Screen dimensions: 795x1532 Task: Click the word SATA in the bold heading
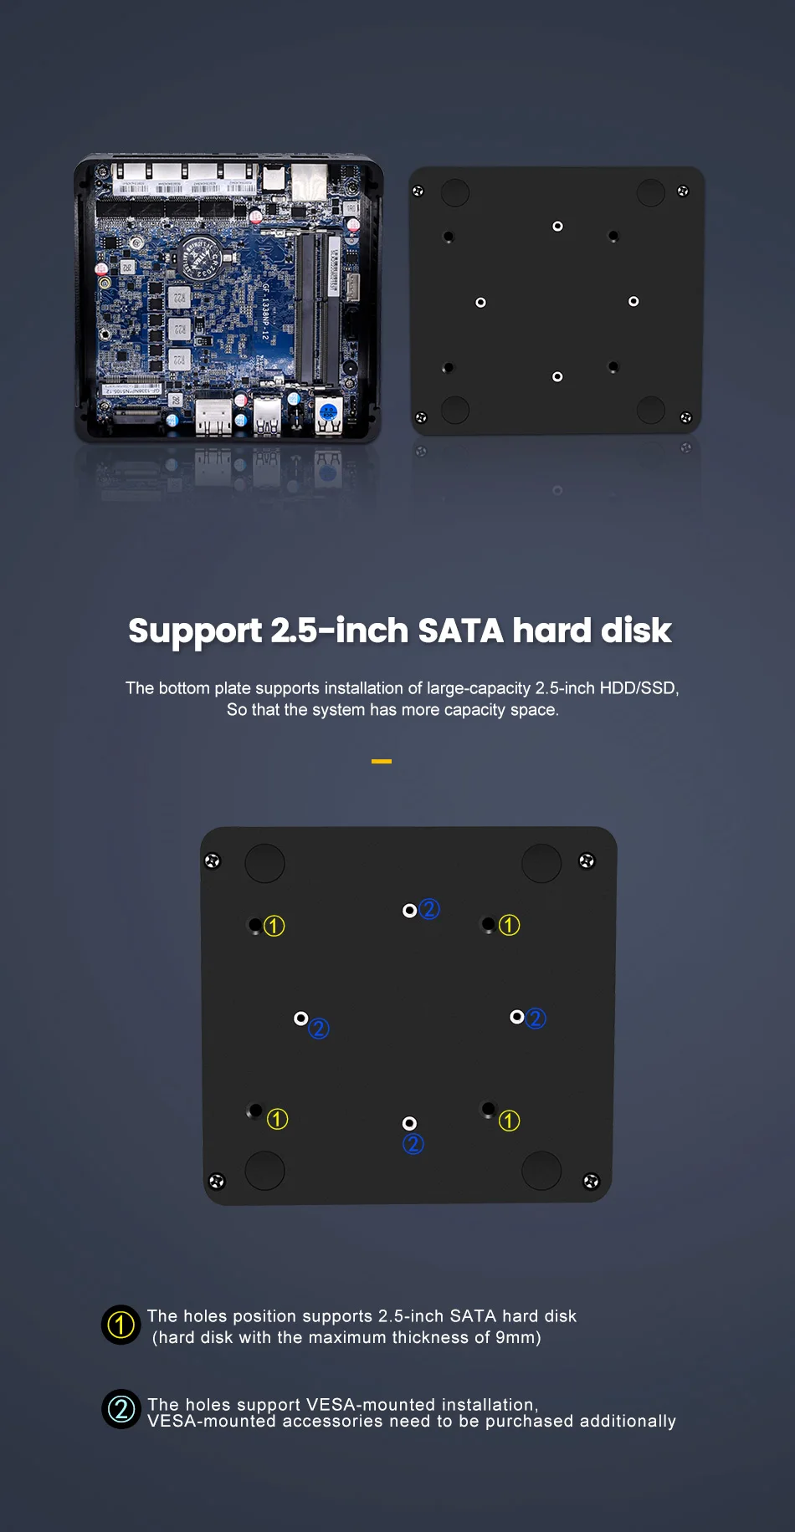tap(460, 631)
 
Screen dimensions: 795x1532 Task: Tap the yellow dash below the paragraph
tap(382, 761)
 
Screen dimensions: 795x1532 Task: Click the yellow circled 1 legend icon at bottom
tap(121, 1325)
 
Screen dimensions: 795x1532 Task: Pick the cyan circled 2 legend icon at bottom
tap(121, 1409)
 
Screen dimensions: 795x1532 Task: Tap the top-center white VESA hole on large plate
tap(409, 911)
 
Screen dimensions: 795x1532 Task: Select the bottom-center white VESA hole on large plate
tap(409, 1123)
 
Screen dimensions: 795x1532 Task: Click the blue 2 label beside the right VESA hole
tap(536, 1019)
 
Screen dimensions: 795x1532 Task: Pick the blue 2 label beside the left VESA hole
tap(319, 1029)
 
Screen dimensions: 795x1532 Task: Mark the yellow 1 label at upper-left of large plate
tap(274, 926)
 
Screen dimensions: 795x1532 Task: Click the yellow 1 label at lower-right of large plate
tap(509, 1121)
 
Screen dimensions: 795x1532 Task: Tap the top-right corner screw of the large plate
tap(587, 860)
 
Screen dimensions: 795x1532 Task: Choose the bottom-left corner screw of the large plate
tap(217, 1181)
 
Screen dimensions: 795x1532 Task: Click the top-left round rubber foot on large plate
tap(264, 863)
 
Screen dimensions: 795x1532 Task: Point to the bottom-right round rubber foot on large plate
tap(541, 1170)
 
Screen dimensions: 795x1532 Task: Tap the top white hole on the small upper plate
tap(557, 227)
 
